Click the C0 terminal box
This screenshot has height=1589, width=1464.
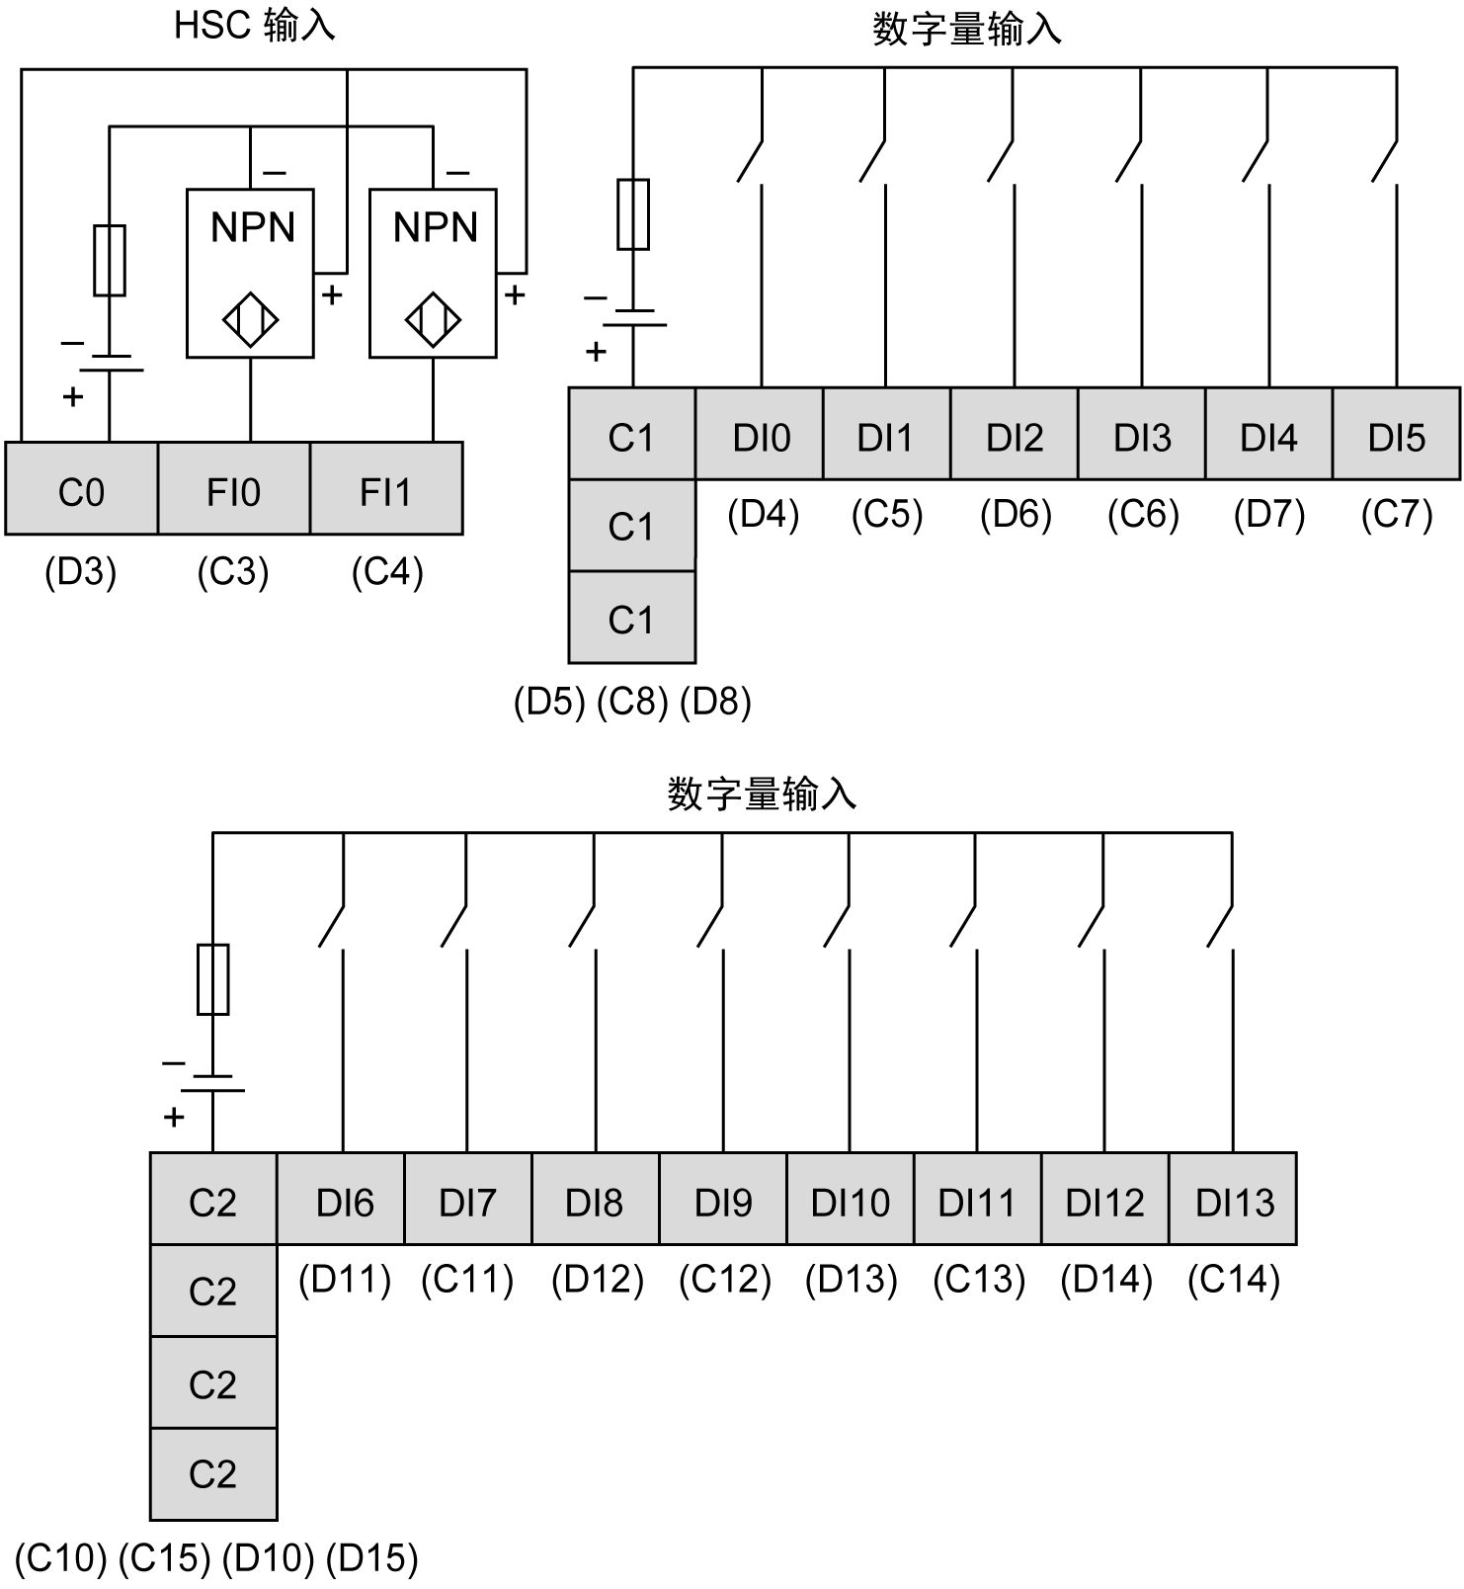(x=81, y=489)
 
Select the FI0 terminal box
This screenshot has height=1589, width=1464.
(x=234, y=489)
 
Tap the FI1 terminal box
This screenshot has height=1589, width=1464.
(x=386, y=489)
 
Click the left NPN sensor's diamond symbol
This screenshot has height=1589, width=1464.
(x=251, y=320)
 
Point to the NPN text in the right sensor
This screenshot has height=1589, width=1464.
(x=435, y=228)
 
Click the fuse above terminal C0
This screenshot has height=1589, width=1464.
(x=110, y=260)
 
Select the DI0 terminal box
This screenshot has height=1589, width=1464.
(x=760, y=435)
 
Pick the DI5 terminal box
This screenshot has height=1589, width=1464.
(x=1396, y=435)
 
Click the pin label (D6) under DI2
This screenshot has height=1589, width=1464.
(x=1016, y=515)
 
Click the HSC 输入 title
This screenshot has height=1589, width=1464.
(x=254, y=26)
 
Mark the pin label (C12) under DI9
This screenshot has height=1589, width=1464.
(x=724, y=1280)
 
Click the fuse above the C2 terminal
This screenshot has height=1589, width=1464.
(x=213, y=979)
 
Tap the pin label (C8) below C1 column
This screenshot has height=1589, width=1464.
(x=633, y=703)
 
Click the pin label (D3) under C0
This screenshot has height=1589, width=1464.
(x=81, y=572)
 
